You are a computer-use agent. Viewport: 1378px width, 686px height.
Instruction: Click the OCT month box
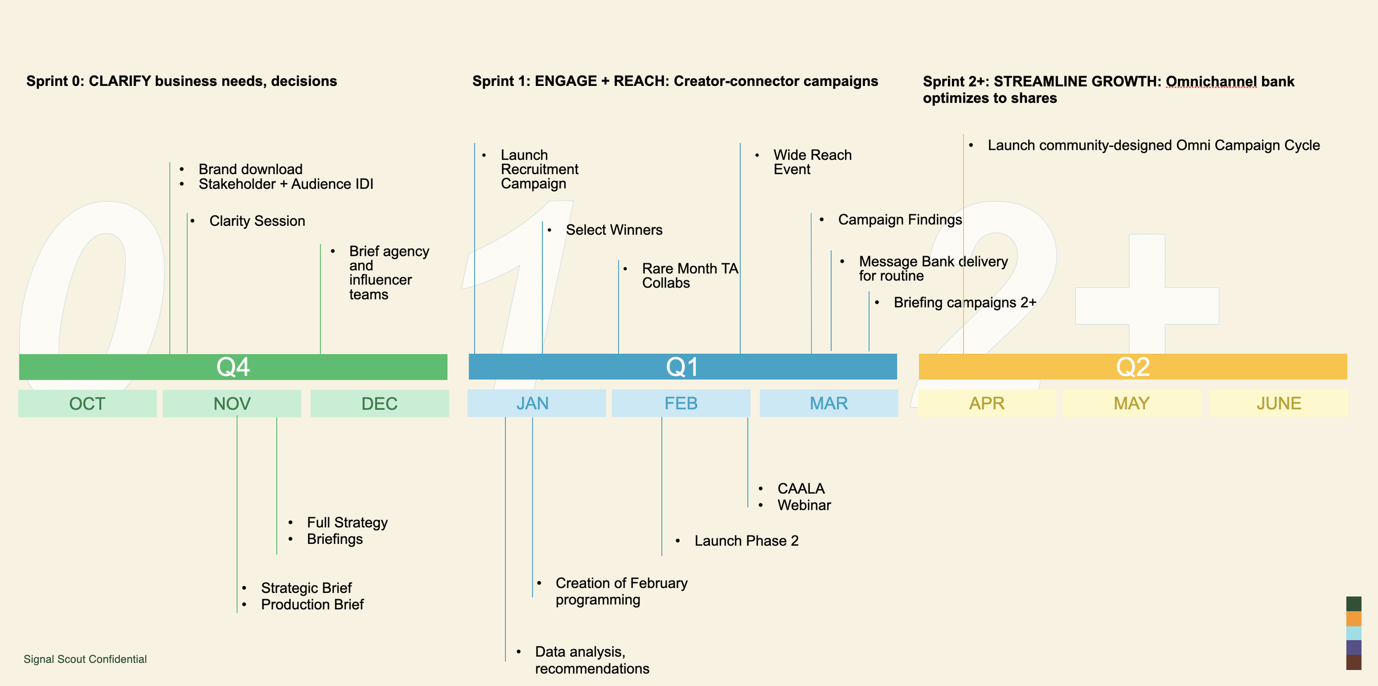[87, 403]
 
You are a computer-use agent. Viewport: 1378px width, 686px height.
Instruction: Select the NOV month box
[232, 403]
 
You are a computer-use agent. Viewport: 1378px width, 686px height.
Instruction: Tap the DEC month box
[379, 403]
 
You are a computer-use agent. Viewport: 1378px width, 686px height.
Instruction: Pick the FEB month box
[681, 403]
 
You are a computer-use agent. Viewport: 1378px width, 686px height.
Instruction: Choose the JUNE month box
[1279, 403]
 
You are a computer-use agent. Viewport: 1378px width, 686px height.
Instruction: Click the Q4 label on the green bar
[233, 367]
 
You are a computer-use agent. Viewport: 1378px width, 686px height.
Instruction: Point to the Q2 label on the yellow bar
[1133, 367]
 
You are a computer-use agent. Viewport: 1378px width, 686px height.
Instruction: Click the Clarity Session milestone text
[257, 221]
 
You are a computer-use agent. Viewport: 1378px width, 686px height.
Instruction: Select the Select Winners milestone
[614, 230]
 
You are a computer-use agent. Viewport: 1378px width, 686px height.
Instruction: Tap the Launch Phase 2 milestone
[746, 541]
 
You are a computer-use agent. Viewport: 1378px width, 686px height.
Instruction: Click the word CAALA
[801, 489]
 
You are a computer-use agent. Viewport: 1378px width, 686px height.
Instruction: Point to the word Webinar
[804, 505]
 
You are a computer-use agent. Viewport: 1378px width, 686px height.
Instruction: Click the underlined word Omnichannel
[1211, 82]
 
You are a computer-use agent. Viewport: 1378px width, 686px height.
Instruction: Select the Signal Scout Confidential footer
[85, 659]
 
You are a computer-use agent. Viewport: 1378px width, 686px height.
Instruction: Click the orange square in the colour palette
[1353, 619]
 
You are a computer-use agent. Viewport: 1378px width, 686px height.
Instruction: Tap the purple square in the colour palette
[1353, 647]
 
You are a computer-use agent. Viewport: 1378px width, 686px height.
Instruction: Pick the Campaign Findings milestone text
[900, 220]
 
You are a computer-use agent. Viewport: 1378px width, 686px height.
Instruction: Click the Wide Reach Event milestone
[812, 162]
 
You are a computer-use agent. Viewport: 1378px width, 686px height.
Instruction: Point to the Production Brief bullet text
[312, 604]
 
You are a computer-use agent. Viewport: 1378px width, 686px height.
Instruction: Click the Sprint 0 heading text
[181, 81]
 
